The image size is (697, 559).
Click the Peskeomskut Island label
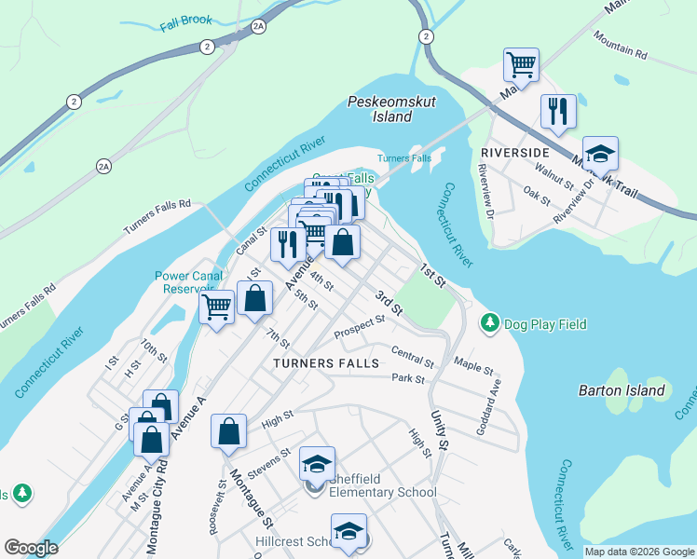tap(379, 109)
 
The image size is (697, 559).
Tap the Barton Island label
tap(622, 390)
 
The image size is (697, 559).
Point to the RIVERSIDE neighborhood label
tap(514, 152)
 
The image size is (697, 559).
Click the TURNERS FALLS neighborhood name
tap(326, 362)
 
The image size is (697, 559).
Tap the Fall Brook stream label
tap(185, 20)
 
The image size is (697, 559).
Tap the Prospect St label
tap(360, 326)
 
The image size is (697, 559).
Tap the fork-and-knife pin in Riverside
tap(558, 111)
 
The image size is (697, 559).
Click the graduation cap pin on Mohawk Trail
tap(601, 153)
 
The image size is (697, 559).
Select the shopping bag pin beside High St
tap(229, 431)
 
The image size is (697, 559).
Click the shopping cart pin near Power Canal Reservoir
tap(217, 306)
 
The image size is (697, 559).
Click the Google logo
tap(31, 548)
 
